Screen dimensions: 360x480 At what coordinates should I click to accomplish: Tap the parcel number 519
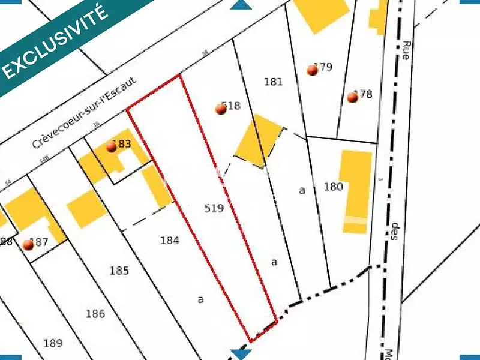pyautogui.click(x=214, y=208)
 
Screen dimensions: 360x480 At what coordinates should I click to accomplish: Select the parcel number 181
pyautogui.click(x=273, y=82)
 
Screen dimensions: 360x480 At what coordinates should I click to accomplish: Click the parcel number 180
pyautogui.click(x=333, y=187)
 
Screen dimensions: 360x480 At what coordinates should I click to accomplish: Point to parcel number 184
pyautogui.click(x=170, y=241)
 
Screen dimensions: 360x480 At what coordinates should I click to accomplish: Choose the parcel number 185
pyautogui.click(x=119, y=271)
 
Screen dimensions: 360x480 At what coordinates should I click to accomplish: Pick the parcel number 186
pyautogui.click(x=95, y=314)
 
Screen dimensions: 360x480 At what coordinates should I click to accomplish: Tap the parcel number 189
pyautogui.click(x=53, y=344)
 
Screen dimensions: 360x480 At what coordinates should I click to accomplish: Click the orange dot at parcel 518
pyautogui.click(x=221, y=109)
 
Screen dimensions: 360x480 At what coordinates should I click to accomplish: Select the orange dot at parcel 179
pyautogui.click(x=312, y=70)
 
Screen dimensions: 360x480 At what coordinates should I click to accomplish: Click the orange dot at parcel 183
pyautogui.click(x=111, y=147)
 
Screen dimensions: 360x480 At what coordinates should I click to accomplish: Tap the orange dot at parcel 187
pyautogui.click(x=28, y=245)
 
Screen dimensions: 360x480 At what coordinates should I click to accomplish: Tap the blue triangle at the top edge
pyautogui.click(x=241, y=5)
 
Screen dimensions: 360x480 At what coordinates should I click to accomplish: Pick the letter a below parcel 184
pyautogui.click(x=200, y=298)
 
